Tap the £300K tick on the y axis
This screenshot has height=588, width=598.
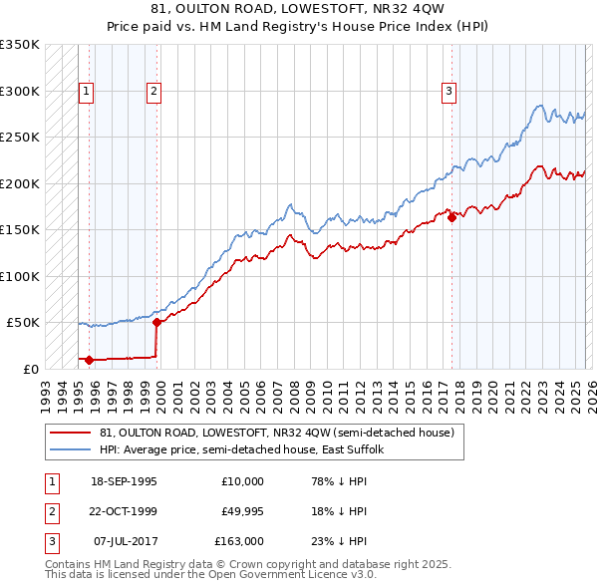pos(20,91)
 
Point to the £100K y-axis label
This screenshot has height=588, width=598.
pos(20,276)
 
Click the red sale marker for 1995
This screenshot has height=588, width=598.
pos(90,360)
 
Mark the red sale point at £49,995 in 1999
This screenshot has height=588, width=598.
pos(156,322)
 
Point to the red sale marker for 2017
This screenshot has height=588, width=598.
pos(451,217)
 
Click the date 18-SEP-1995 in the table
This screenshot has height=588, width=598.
pos(124,481)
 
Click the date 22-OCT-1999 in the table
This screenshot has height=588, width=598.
pos(124,511)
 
